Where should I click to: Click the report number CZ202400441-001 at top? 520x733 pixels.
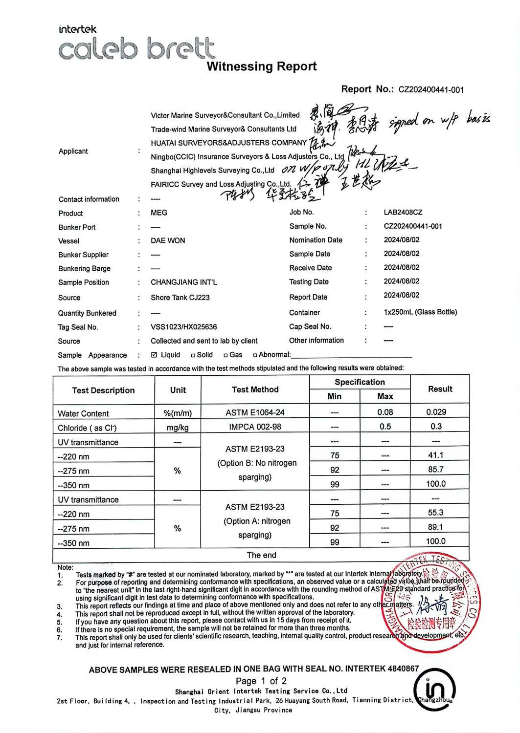pyautogui.click(x=431, y=89)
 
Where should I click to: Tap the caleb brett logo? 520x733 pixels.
pyautogui.click(x=136, y=49)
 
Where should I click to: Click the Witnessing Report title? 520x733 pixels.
pyautogui.click(x=261, y=66)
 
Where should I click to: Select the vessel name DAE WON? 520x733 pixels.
pyautogui.click(x=168, y=240)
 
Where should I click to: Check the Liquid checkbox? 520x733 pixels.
pyautogui.click(x=155, y=355)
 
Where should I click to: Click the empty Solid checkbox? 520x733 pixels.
pyautogui.click(x=193, y=355)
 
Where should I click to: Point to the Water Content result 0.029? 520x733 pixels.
pyautogui.click(x=436, y=412)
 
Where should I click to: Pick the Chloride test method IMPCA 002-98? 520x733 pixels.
pyautogui.click(x=255, y=427)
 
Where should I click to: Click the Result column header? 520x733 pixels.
pyautogui.click(x=440, y=389)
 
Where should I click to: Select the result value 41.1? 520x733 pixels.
pyautogui.click(x=435, y=455)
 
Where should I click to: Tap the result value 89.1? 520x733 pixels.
pyautogui.click(x=435, y=527)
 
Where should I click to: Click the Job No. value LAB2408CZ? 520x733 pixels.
pyautogui.click(x=403, y=212)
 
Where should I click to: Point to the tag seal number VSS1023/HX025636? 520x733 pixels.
pyautogui.click(x=183, y=327)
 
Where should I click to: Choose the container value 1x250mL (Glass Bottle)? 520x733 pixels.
pyautogui.click(x=420, y=312)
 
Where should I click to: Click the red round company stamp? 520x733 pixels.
pyautogui.click(x=431, y=604)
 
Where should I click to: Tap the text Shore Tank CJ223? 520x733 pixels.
pyautogui.click(x=180, y=297)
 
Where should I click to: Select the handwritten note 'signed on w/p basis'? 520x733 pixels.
pyautogui.click(x=439, y=120)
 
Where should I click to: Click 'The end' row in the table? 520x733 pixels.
pyautogui.click(x=261, y=555)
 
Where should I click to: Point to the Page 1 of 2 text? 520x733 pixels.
pyautogui.click(x=261, y=681)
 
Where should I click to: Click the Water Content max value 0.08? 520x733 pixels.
pyautogui.click(x=385, y=412)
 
